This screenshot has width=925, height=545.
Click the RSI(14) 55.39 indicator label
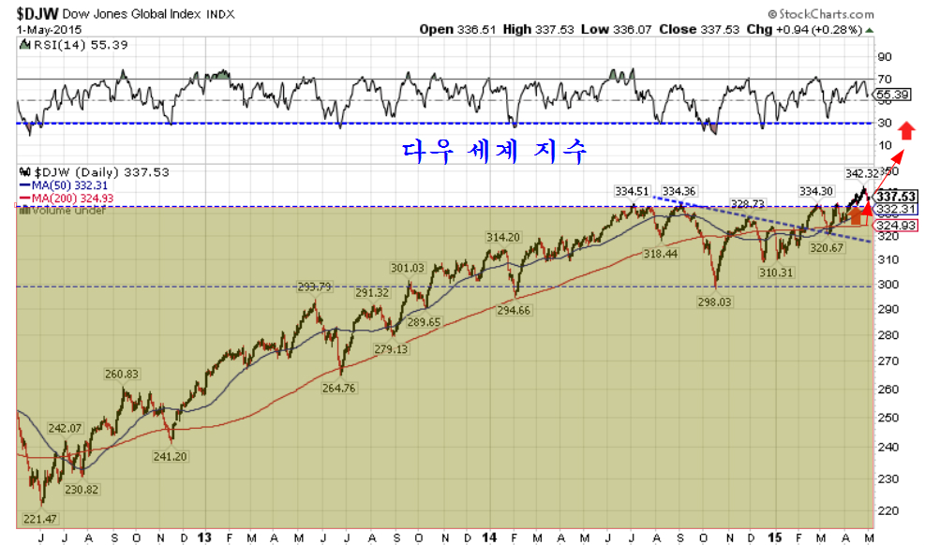(75, 45)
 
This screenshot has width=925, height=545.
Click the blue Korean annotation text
(497, 150)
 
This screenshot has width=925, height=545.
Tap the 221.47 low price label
(41, 518)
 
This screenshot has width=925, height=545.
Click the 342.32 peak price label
(861, 173)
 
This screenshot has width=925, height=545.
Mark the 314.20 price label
(503, 237)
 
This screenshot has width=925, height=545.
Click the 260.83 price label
(121, 374)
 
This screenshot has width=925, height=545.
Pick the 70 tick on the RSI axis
(884, 79)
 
